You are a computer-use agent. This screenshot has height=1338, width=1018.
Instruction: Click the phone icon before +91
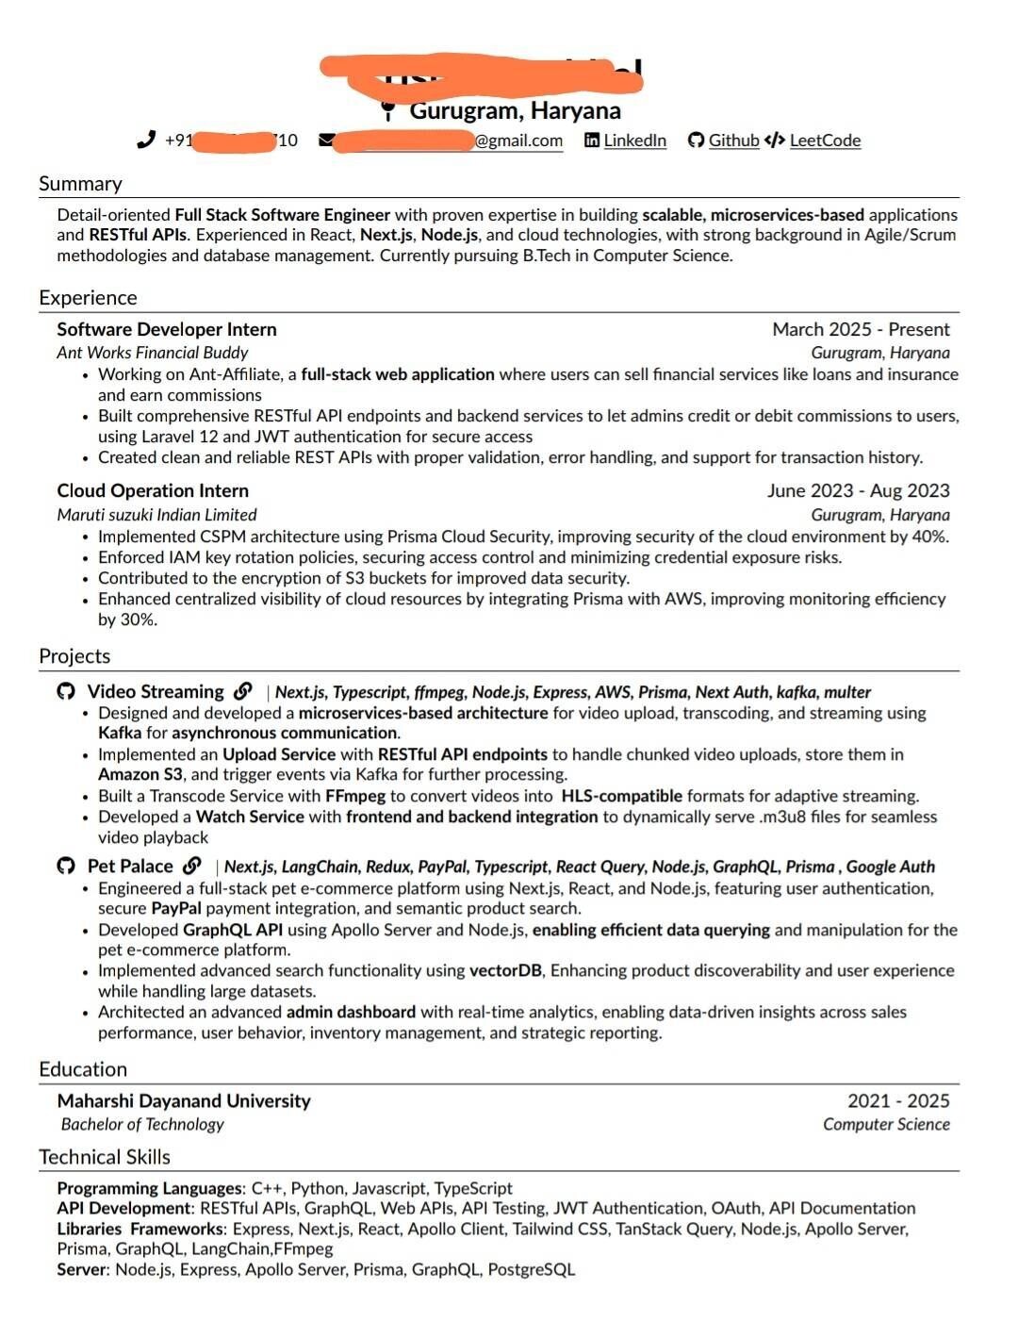[146, 140]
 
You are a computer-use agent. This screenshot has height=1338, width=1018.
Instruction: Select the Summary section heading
[80, 184]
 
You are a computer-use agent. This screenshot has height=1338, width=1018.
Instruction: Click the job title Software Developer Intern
[167, 329]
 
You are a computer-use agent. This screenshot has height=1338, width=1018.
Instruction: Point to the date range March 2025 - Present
[861, 329]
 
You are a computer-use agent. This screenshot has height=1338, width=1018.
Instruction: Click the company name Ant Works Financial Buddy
[152, 353]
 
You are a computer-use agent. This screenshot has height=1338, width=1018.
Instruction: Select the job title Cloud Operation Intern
[153, 490]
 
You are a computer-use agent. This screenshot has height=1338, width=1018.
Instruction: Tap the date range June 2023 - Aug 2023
[858, 490]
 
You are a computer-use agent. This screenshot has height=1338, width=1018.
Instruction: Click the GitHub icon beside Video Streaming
[66, 692]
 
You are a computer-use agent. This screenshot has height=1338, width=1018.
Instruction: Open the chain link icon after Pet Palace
[192, 866]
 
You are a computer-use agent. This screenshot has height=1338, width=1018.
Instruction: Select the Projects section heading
[74, 656]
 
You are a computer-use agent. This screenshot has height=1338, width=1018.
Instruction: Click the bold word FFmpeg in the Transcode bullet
[355, 796]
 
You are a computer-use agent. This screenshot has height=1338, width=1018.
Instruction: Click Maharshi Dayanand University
[184, 1100]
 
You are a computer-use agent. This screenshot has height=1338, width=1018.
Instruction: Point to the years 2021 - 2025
[898, 1100]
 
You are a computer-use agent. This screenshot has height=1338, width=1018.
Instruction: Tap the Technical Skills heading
[105, 1157]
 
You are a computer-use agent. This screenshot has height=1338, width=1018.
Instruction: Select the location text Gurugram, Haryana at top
[515, 111]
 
